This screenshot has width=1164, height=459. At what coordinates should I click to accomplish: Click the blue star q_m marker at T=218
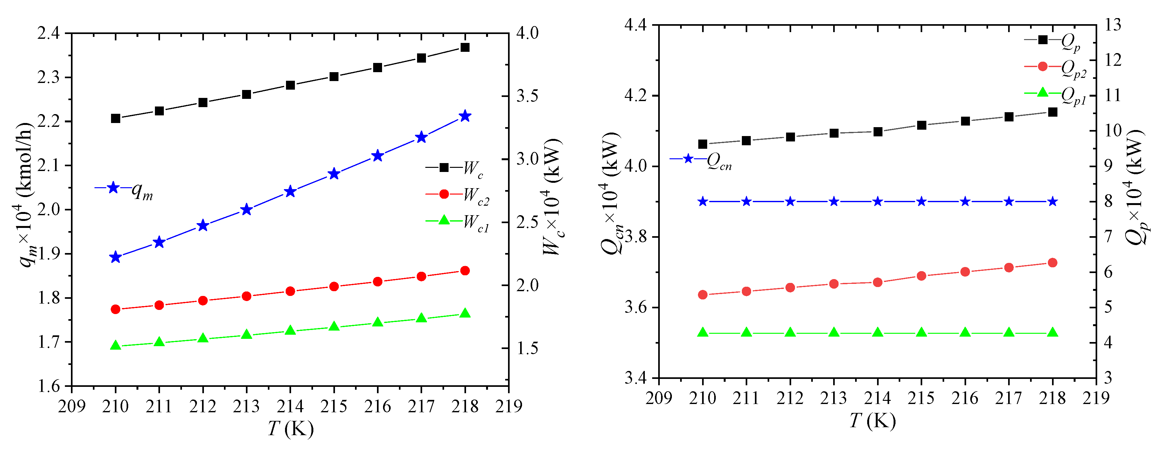(465, 116)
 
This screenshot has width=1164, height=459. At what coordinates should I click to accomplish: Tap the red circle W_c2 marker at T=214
(290, 291)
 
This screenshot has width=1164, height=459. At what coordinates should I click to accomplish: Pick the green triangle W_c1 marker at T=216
(378, 322)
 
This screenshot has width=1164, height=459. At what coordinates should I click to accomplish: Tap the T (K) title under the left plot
(290, 428)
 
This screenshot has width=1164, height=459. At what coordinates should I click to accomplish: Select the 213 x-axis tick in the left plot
(246, 407)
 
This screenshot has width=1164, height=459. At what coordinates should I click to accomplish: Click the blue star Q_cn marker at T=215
(921, 201)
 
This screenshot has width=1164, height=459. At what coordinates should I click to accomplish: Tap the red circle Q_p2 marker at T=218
(1052, 263)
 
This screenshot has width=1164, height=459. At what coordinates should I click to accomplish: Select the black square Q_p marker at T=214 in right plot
(877, 132)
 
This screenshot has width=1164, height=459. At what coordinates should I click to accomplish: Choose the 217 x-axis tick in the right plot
(1008, 398)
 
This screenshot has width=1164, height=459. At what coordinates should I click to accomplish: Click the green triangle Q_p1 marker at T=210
(703, 332)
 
